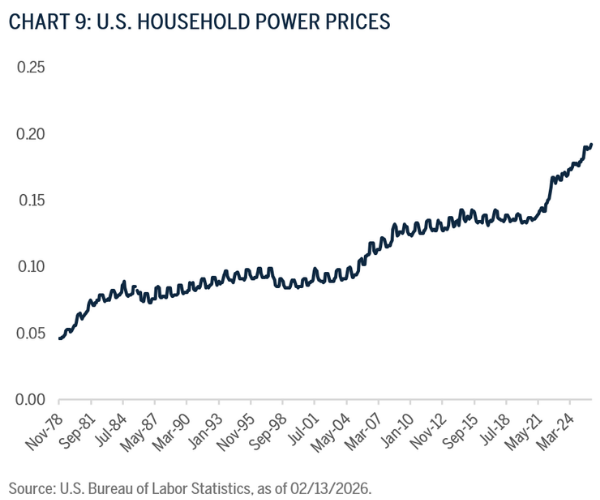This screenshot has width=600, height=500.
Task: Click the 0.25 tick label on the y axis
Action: [30, 67]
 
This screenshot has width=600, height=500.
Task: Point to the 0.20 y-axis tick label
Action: [30, 134]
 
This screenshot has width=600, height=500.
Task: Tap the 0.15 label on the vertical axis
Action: [30, 200]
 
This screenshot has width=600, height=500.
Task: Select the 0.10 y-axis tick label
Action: [30, 267]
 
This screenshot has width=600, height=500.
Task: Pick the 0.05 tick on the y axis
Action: [30, 333]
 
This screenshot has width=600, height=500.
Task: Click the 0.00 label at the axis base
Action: [30, 400]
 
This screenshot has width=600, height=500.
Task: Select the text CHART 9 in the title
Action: [41, 21]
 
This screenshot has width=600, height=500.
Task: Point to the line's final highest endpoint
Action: [591, 145]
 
